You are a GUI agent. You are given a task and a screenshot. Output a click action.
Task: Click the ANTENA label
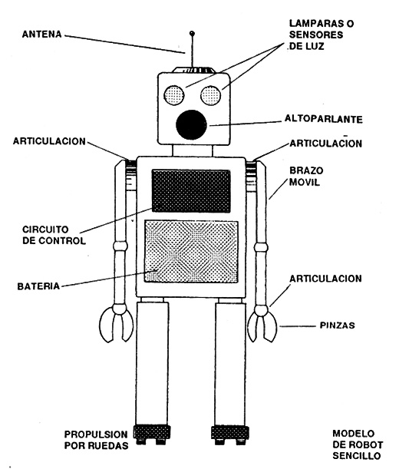point(42,34)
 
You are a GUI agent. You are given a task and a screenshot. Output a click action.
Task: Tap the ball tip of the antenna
point(192,33)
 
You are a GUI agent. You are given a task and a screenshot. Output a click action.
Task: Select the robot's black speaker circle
point(191,124)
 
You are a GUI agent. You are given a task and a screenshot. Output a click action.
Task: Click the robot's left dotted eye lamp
point(174,95)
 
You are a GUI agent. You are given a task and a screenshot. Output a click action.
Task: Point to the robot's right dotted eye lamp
point(211,95)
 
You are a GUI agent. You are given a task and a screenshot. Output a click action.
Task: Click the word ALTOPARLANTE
point(323,119)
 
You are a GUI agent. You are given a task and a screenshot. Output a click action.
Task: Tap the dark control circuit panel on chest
point(191,191)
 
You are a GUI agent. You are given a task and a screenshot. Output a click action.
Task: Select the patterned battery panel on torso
point(191,252)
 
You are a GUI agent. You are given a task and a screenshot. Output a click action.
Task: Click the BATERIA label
point(38,286)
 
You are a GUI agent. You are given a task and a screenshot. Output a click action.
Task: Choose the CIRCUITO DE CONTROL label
point(54,235)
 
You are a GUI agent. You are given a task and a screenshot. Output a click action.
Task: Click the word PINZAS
point(337,325)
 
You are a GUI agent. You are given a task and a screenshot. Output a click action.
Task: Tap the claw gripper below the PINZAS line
point(262,324)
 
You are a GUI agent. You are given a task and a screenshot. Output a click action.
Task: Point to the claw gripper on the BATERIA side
point(117,324)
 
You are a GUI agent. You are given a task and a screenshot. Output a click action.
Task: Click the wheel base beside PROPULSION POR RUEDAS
point(152,434)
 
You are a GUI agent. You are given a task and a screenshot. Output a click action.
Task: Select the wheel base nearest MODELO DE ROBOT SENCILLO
point(230,435)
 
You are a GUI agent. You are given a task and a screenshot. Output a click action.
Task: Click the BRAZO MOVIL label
point(306,177)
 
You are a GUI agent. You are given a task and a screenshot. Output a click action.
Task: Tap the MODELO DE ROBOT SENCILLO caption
point(358,444)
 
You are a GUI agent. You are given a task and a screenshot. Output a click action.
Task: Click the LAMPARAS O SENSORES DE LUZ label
point(322,35)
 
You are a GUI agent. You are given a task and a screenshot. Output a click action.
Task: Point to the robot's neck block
point(193,150)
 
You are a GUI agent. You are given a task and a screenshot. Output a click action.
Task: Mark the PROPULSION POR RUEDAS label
point(97,440)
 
